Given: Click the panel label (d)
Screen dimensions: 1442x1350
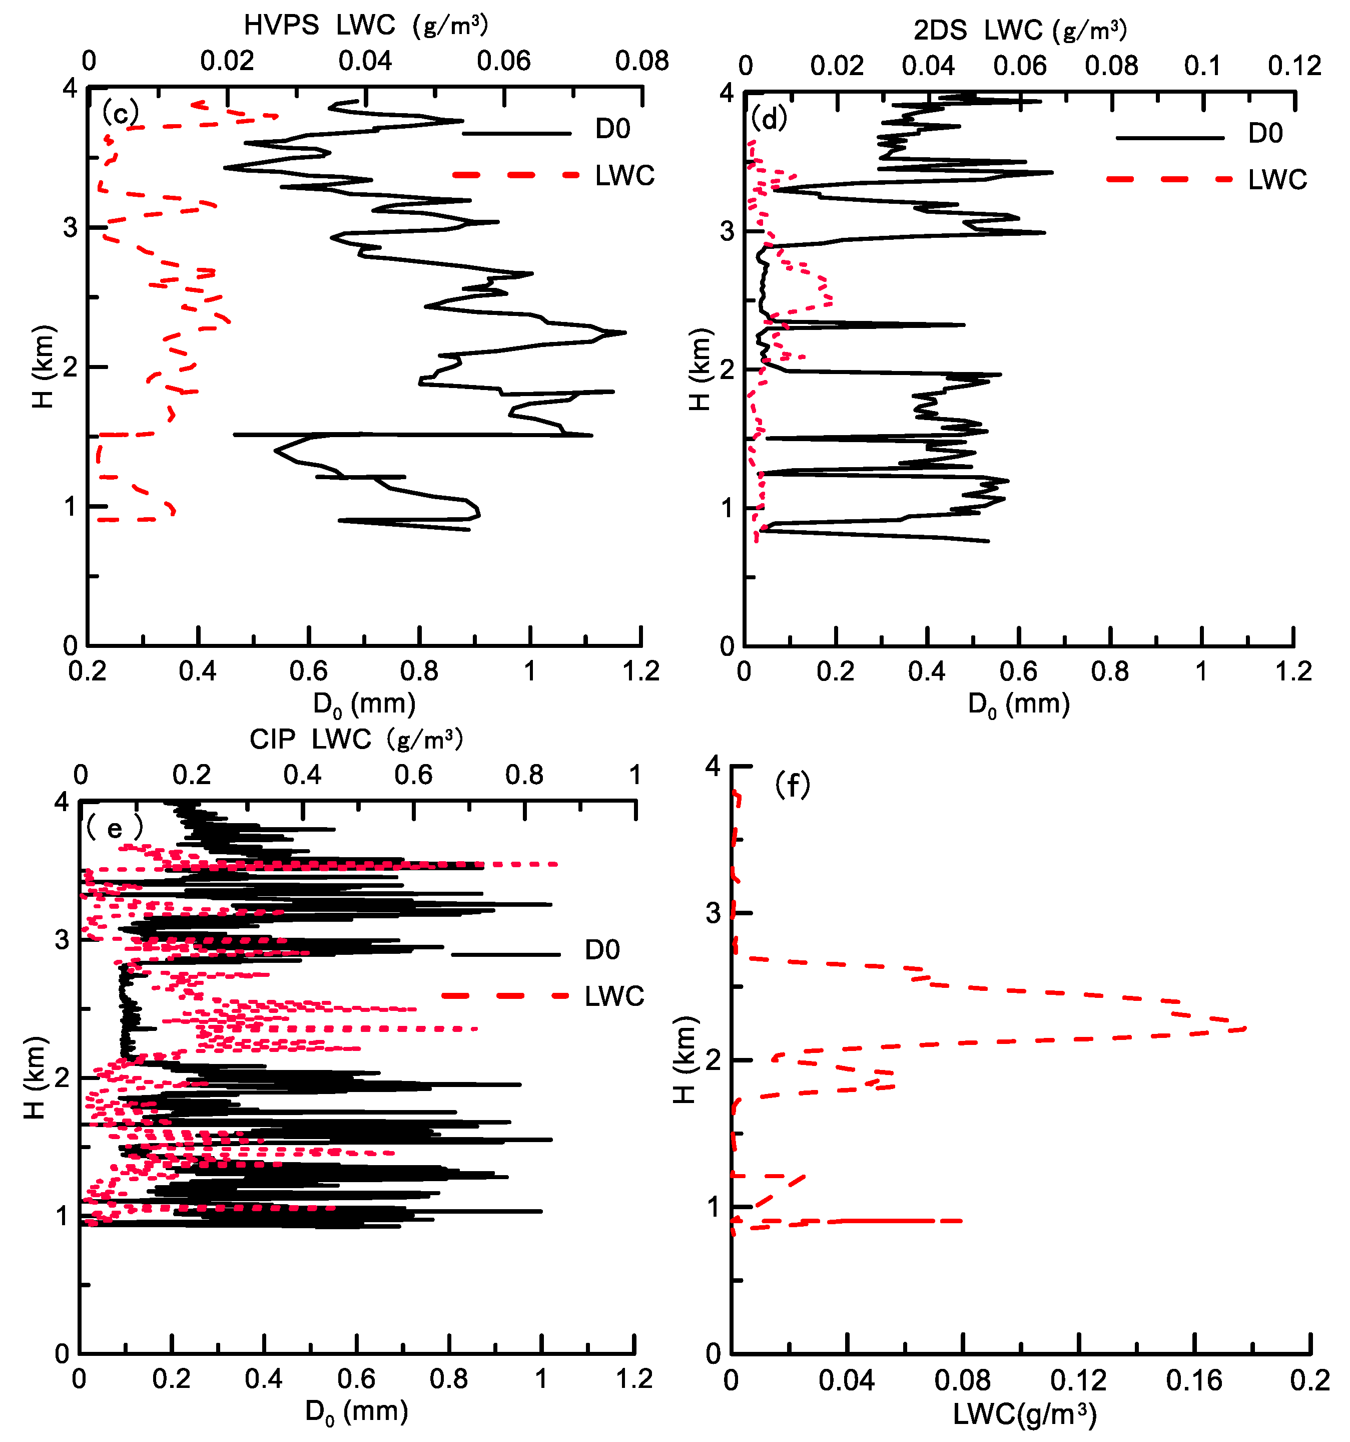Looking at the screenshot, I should (769, 118).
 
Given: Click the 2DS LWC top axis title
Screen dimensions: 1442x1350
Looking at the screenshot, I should (1019, 31).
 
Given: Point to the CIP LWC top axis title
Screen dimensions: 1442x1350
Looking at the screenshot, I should (355, 739).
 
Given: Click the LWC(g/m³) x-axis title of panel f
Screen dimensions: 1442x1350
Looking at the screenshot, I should (1024, 1414).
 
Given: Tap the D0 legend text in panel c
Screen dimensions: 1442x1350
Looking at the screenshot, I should (612, 130).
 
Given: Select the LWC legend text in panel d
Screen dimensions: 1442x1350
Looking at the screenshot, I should (1277, 180).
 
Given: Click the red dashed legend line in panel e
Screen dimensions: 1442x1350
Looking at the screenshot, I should (505, 996).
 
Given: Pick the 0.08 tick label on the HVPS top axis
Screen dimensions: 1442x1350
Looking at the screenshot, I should (641, 62).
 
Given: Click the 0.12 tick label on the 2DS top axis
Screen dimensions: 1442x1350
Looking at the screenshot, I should (1294, 66).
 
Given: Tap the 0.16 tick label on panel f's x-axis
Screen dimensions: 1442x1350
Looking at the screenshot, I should (1193, 1380).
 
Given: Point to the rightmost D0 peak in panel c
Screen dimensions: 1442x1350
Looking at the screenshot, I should (624, 333).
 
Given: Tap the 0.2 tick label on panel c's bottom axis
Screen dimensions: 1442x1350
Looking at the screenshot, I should (87, 671).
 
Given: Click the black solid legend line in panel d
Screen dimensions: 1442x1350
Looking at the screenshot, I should (1169, 138).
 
